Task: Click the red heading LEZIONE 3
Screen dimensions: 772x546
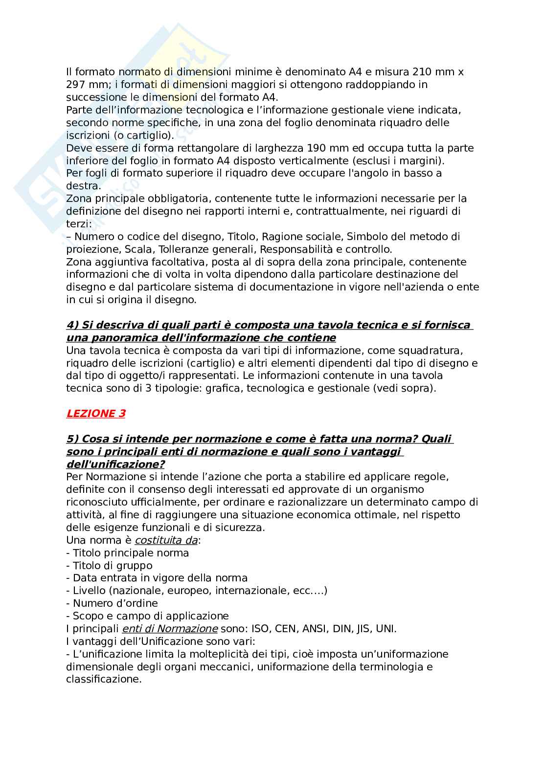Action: [96, 414]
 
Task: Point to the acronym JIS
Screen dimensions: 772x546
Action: [362, 629]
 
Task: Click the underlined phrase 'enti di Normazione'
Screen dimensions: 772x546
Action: [169, 629]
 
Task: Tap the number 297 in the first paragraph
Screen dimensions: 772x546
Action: [76, 85]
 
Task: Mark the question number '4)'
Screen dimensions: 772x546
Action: [72, 325]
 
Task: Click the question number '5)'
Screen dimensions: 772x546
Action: [72, 439]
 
